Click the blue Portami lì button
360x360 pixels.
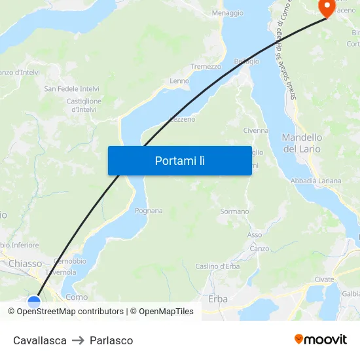(179, 160)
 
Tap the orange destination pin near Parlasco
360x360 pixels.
(326, 7)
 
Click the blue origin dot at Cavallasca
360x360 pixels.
(34, 302)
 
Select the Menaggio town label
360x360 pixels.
(228, 13)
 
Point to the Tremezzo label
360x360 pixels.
(206, 67)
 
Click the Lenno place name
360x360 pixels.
(179, 81)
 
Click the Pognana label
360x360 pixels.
(148, 211)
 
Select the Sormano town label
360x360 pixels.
(234, 211)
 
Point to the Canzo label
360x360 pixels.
(259, 249)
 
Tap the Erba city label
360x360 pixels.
(218, 299)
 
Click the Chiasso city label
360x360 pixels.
(26, 264)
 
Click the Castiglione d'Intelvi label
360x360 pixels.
(84, 105)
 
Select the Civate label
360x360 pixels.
(323, 279)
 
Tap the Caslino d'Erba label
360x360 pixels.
(217, 266)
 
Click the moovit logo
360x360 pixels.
(321, 340)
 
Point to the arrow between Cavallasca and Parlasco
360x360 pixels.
(78, 340)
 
